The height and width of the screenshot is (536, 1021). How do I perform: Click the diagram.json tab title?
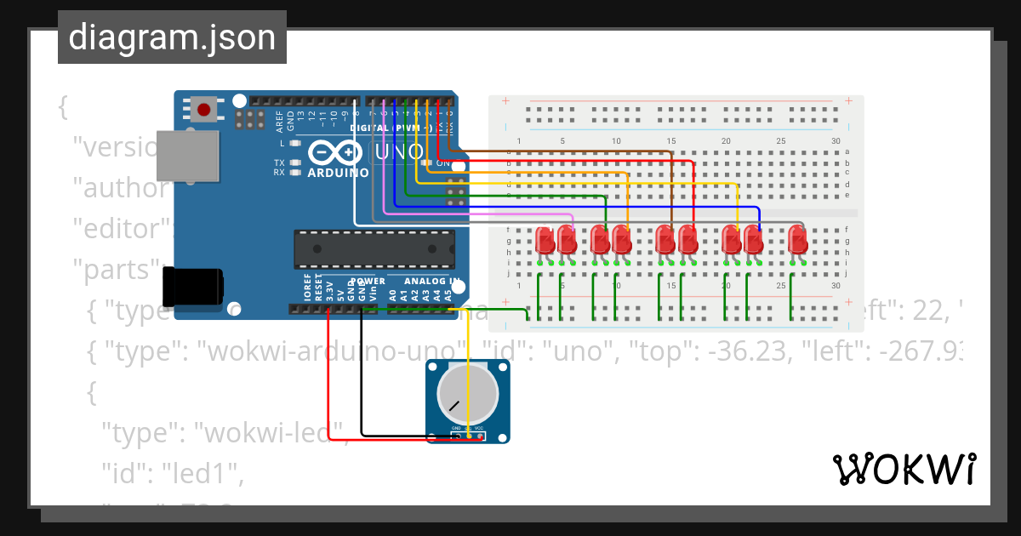[x=172, y=37]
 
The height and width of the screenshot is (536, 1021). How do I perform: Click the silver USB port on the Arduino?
[x=187, y=155]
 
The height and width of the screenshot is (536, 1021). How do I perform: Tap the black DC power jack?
[x=193, y=287]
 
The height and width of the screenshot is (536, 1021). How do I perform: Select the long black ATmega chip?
[x=374, y=248]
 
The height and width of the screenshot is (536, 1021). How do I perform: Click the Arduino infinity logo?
[x=335, y=153]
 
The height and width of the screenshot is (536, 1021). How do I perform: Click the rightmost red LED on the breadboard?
[x=796, y=240]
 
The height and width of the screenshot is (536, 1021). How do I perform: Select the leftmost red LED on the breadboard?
[x=545, y=241]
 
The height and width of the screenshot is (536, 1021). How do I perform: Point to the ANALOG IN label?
[x=432, y=281]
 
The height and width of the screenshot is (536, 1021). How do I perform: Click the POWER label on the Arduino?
[x=368, y=281]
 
